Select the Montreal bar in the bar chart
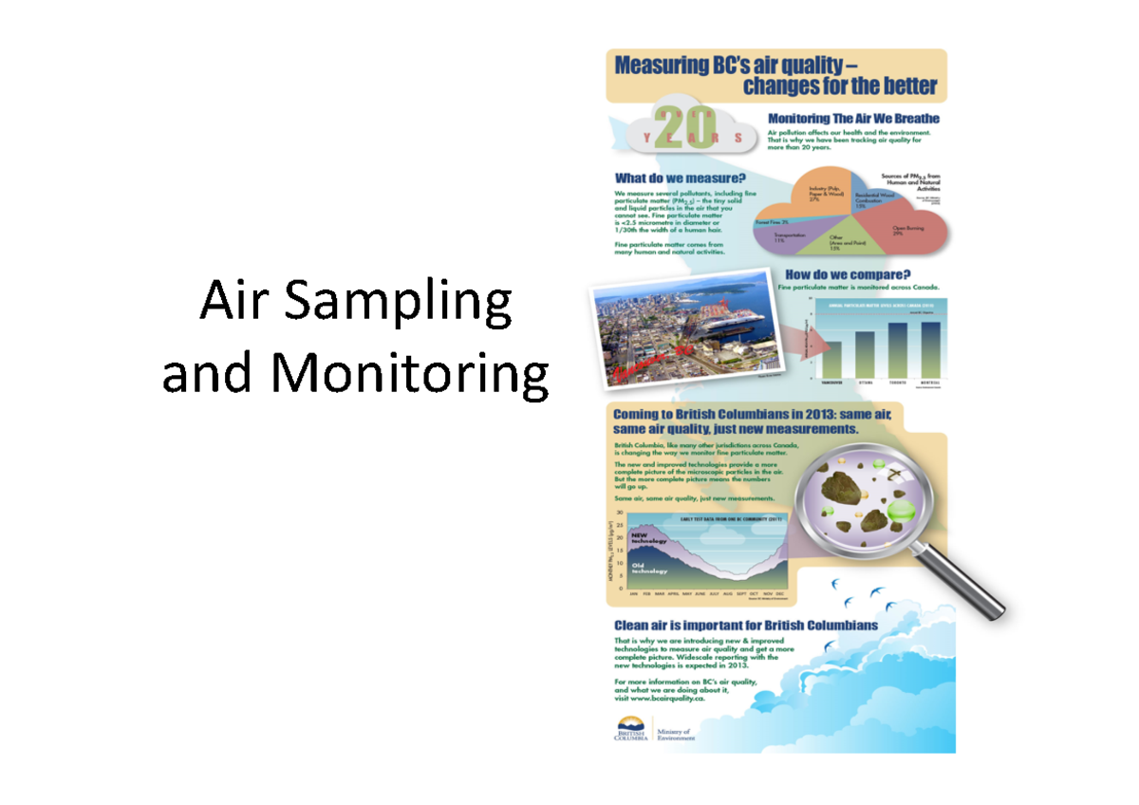coord(931,349)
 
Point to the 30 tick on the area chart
coord(620,513)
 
